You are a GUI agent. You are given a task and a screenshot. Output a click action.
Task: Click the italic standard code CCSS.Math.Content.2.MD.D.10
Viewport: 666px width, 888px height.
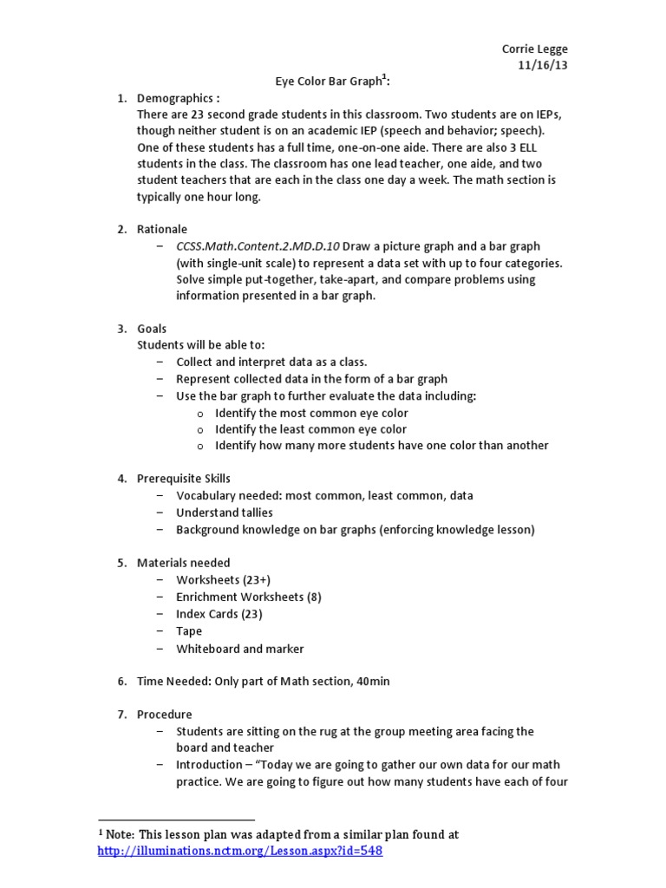tap(258, 246)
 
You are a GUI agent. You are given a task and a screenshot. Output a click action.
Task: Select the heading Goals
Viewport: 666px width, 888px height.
tap(152, 329)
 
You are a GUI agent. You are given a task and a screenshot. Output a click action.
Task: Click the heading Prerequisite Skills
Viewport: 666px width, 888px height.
tap(184, 479)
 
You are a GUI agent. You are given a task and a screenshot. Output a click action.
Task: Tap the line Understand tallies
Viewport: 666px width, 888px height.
tap(224, 513)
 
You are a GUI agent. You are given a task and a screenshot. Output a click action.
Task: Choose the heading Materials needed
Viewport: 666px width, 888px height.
tap(183, 563)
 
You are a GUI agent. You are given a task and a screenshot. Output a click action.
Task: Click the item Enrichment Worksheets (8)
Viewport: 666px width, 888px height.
tap(249, 597)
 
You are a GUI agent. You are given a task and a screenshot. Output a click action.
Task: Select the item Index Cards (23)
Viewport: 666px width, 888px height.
tap(219, 614)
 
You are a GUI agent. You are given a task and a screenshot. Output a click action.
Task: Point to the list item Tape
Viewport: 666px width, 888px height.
tap(189, 631)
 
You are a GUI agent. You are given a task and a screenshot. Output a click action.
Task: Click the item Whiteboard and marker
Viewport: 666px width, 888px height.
tap(240, 649)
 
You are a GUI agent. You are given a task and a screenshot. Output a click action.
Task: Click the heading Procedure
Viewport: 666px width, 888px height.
tap(164, 715)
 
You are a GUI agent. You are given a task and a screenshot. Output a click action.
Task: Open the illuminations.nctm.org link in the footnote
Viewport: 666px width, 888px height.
tap(240, 852)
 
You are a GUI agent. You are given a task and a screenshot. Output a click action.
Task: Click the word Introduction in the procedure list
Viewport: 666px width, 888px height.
tap(209, 765)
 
